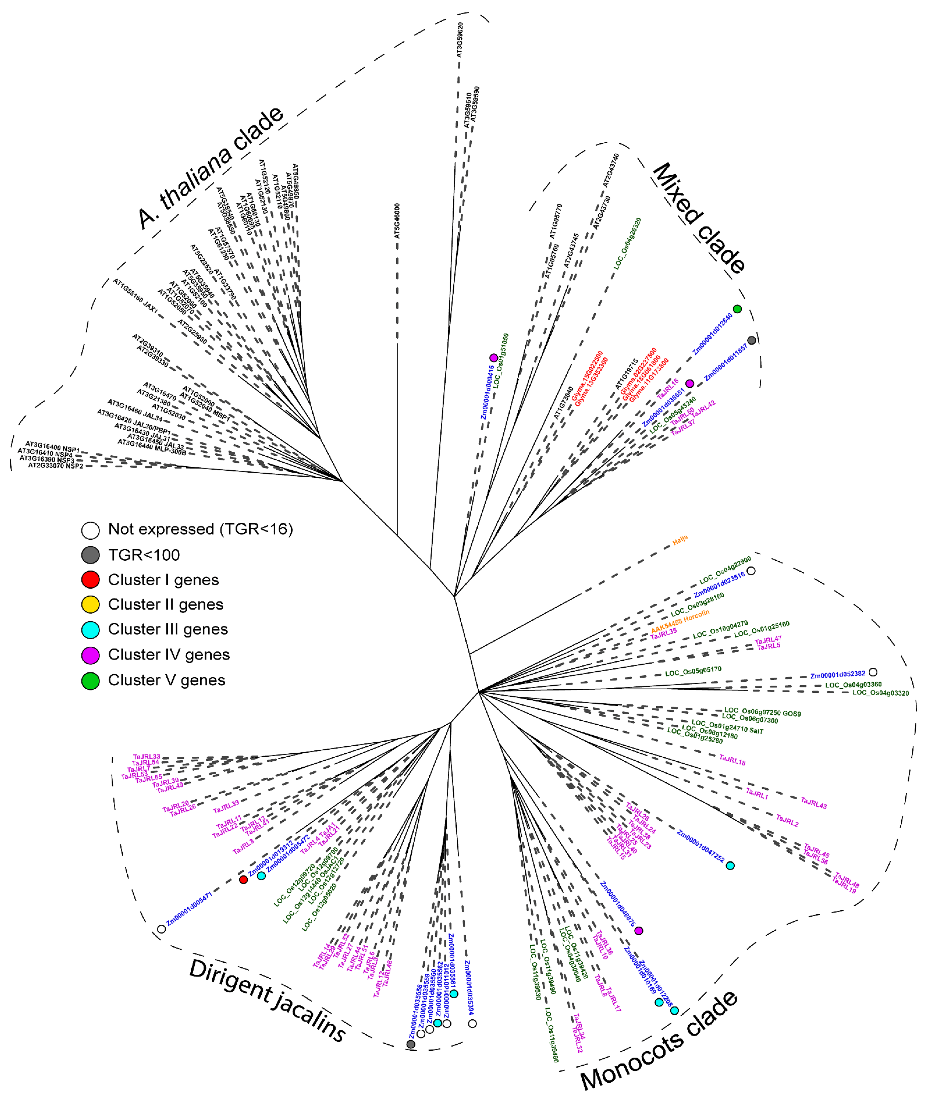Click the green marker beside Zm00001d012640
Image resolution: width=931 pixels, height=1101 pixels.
click(x=737, y=309)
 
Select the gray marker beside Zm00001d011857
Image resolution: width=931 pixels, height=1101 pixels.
click(x=752, y=340)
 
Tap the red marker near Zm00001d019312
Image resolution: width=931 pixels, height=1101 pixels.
click(x=243, y=880)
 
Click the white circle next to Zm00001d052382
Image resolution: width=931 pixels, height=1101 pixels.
click(x=872, y=672)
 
